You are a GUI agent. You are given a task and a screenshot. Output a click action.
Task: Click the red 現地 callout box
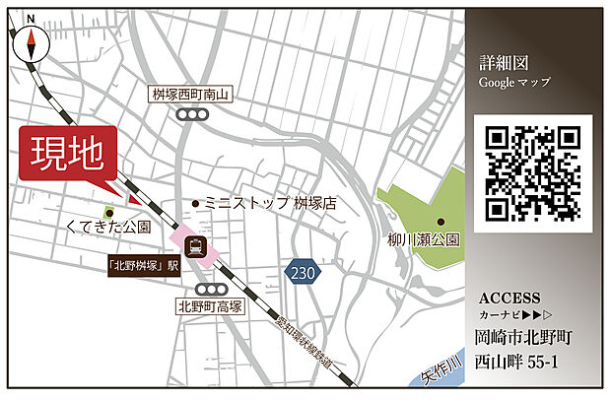coord(67,156)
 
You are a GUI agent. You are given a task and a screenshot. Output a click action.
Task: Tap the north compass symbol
coord(32,41)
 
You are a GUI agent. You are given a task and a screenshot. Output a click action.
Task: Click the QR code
coord(532,173)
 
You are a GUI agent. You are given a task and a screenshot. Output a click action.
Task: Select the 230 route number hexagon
coord(303,271)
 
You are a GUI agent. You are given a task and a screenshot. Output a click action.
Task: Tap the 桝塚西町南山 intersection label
coord(191,95)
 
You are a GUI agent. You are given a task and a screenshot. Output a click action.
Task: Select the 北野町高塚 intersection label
coord(209,306)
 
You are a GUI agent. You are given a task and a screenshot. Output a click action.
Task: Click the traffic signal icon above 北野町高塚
coord(210,288)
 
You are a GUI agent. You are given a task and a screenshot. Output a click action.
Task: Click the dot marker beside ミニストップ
coord(196,204)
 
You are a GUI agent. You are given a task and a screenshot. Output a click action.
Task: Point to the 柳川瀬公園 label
coord(424,239)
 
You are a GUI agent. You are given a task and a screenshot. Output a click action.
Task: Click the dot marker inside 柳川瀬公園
coord(441,221)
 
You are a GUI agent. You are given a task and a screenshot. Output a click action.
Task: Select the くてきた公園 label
coord(107,228)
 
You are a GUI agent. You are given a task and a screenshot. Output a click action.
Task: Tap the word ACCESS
coord(509,298)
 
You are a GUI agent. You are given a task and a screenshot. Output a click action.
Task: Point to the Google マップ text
coord(514,82)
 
